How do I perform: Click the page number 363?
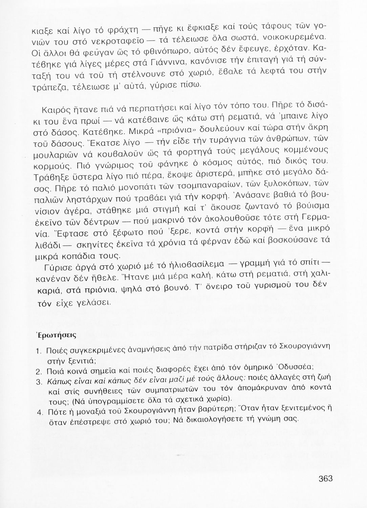(x=326, y=479)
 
